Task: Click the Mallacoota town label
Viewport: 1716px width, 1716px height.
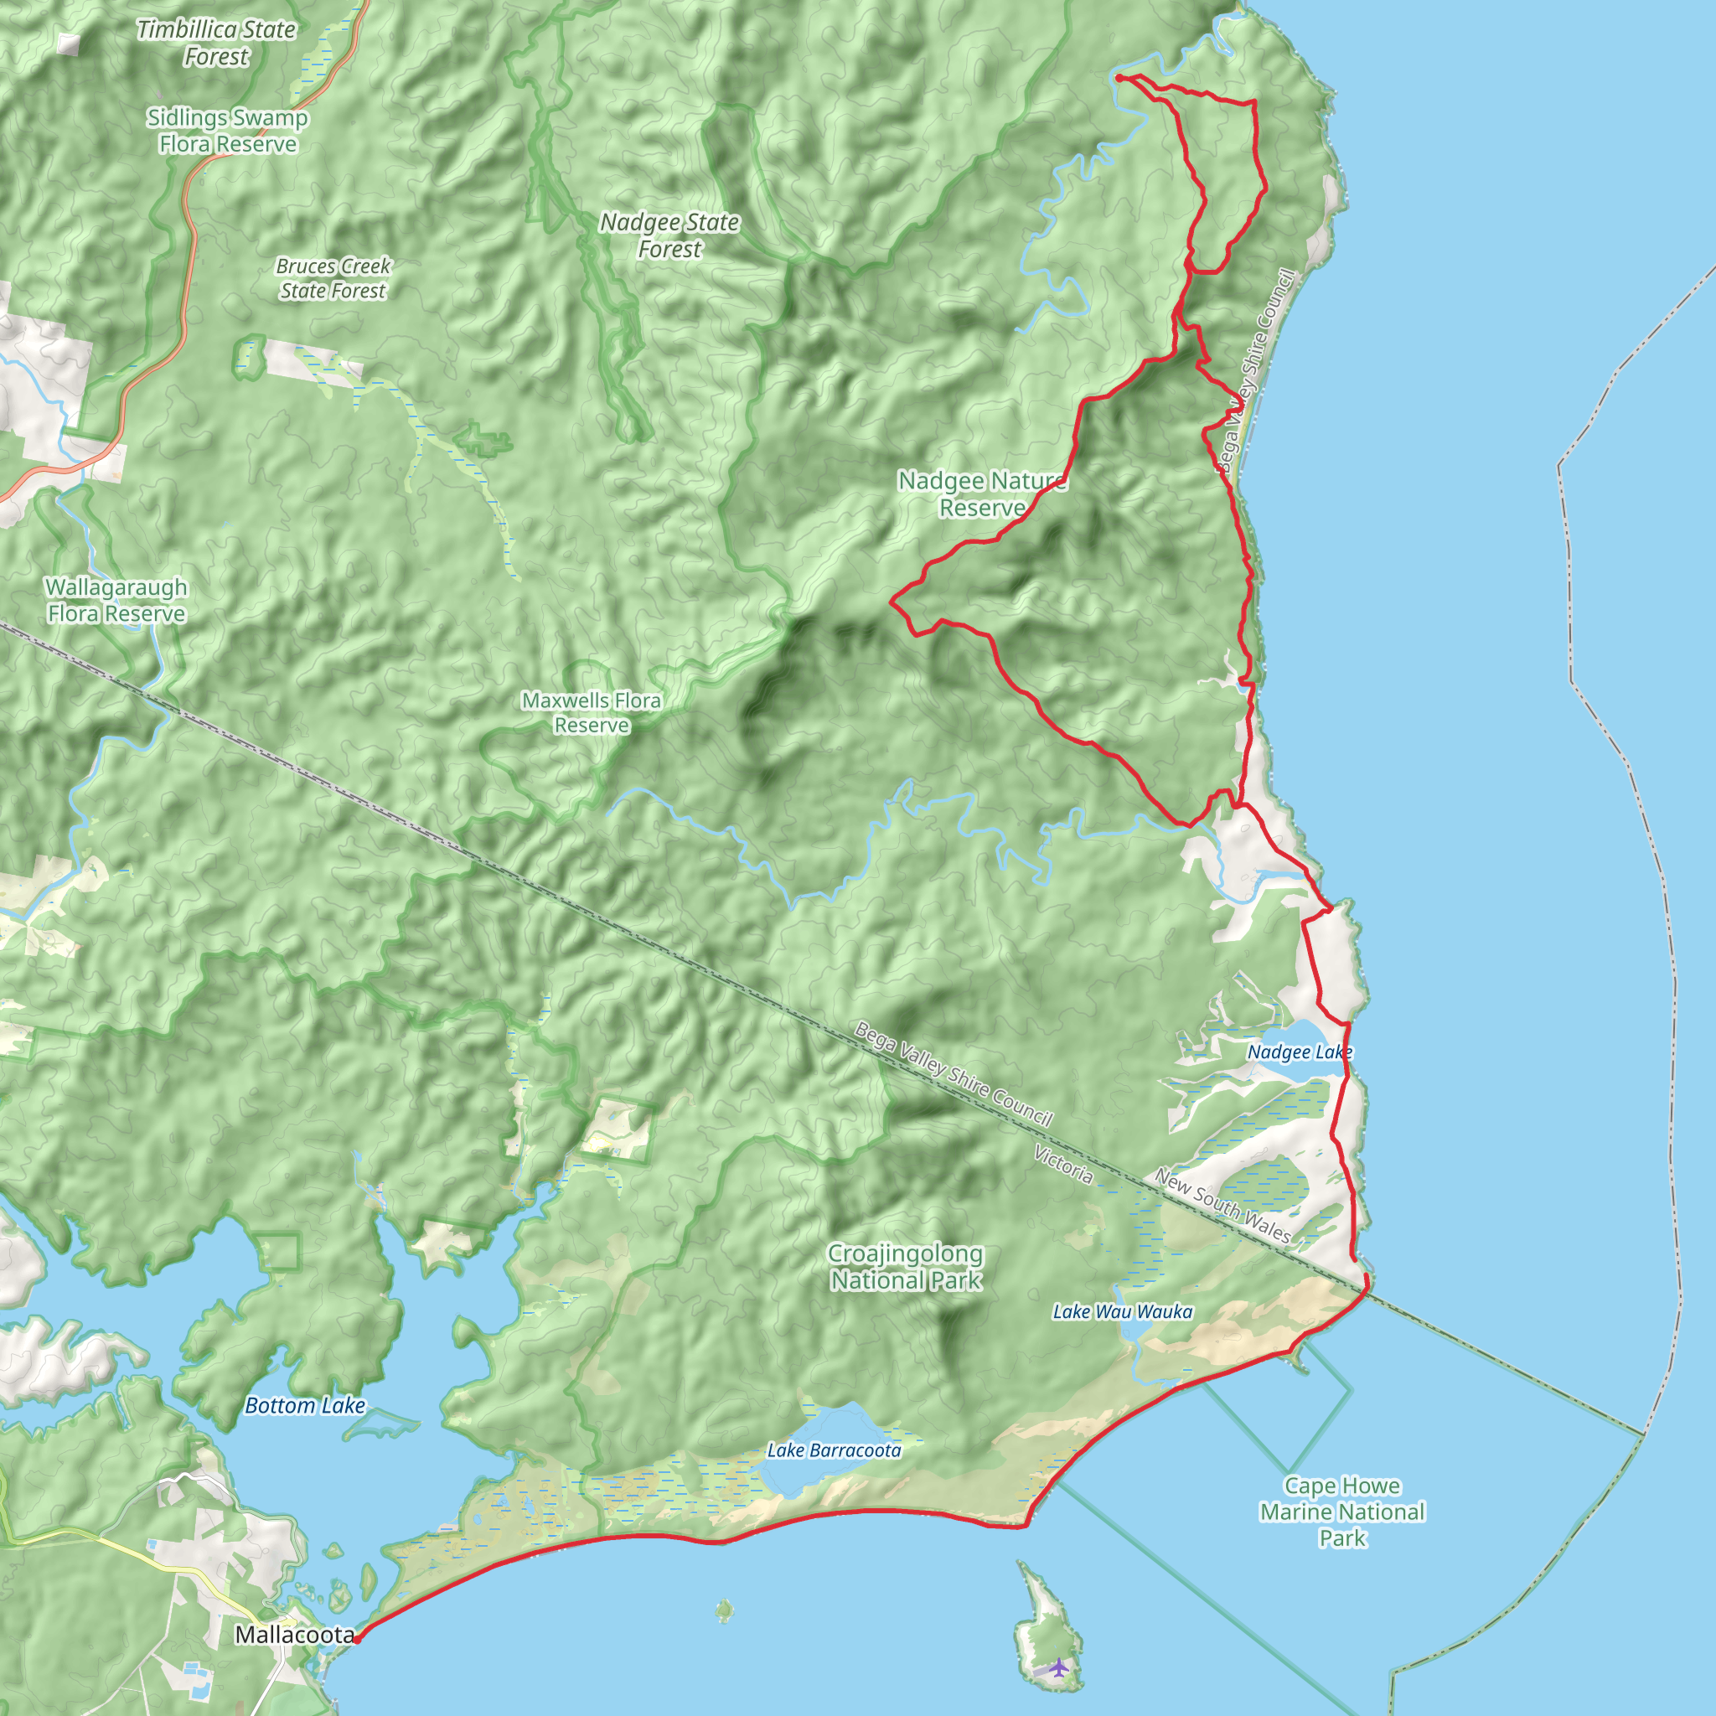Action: [x=294, y=1634]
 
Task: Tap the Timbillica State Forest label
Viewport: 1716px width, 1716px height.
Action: [x=216, y=43]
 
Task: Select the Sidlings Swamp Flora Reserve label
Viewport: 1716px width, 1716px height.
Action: [x=227, y=131]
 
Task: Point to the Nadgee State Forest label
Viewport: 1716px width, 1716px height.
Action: [x=669, y=235]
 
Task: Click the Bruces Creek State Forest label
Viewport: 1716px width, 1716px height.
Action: [x=333, y=278]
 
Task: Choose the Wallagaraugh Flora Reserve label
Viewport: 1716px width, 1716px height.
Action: [x=116, y=601]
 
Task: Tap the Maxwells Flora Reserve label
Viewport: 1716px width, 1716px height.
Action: [x=592, y=712]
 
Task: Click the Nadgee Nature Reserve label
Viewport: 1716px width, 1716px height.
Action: [x=982, y=494]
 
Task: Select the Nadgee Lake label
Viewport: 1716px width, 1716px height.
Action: [x=1300, y=1052]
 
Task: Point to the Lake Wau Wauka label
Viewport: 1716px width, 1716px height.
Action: [x=1123, y=1312]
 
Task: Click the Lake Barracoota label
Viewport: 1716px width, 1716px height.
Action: [x=834, y=1450]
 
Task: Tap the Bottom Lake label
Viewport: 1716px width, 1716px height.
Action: [x=305, y=1405]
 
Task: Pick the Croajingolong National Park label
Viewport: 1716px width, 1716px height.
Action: [x=906, y=1267]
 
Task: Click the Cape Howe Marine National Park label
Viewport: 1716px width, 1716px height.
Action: [x=1342, y=1511]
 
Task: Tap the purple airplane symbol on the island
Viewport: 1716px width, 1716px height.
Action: [x=1058, y=1667]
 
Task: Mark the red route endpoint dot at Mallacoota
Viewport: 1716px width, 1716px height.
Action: [x=356, y=1640]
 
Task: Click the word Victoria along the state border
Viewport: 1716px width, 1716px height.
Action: [x=1063, y=1165]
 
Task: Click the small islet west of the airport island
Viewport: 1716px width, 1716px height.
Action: [x=725, y=1610]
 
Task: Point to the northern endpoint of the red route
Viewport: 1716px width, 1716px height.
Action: [x=1119, y=78]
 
